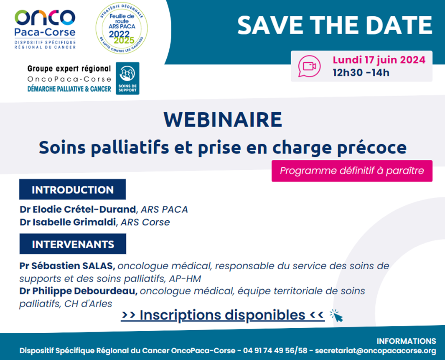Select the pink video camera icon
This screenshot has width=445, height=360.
[x=309, y=66]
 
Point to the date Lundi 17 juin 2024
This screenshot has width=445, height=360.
[x=379, y=60]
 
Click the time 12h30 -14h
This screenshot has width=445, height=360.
[x=361, y=73]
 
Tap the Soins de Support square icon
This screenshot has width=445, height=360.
[x=127, y=78]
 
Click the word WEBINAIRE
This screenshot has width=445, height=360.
[x=223, y=120]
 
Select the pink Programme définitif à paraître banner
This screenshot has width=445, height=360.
[x=352, y=171]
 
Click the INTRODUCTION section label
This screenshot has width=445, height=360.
[x=72, y=189]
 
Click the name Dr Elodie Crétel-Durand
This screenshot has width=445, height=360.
[x=78, y=209]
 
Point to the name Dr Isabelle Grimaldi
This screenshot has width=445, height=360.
[x=69, y=222]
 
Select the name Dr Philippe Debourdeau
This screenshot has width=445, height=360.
[x=79, y=291]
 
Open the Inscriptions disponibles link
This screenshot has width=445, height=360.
[x=222, y=314]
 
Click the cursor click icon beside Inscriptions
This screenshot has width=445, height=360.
[x=336, y=316]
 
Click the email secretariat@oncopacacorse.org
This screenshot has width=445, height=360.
[x=375, y=350]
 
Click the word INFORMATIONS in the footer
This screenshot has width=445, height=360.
[x=406, y=341]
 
